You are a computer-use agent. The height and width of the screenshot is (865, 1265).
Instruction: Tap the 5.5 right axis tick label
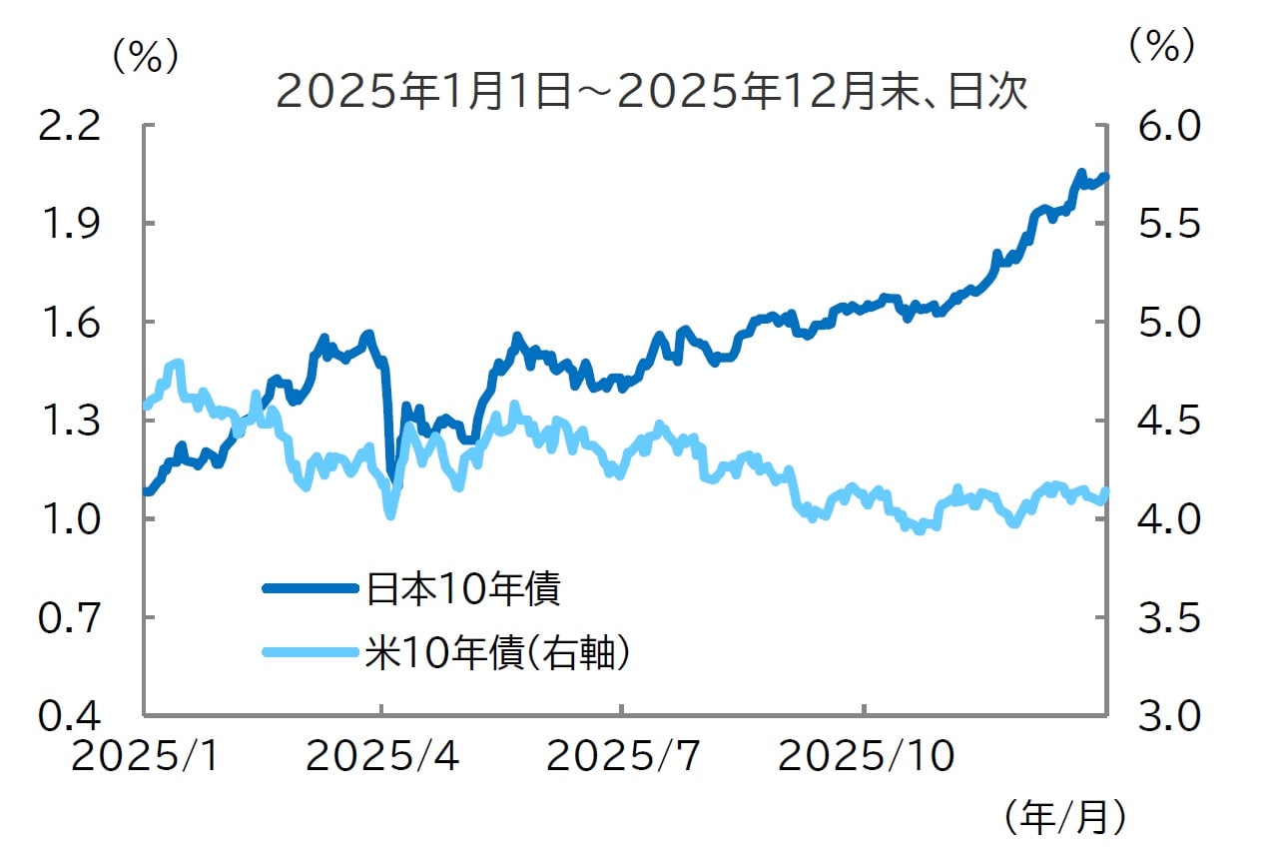point(1161,224)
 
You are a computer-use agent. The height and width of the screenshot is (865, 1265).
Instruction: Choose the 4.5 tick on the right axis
point(1161,421)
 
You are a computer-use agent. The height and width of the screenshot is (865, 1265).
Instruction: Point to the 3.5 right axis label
point(1161,617)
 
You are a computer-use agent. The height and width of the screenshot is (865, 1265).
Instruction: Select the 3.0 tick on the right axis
point(1161,716)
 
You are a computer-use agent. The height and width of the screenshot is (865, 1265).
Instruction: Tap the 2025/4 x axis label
point(381,757)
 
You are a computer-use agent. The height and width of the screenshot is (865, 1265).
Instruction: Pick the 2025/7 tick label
point(622,757)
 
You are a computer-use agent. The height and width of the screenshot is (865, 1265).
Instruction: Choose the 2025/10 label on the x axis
point(866,757)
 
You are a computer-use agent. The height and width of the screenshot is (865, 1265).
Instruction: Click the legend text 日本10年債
point(462,588)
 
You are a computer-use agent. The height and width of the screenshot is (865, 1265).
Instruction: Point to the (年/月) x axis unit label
point(1065,818)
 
